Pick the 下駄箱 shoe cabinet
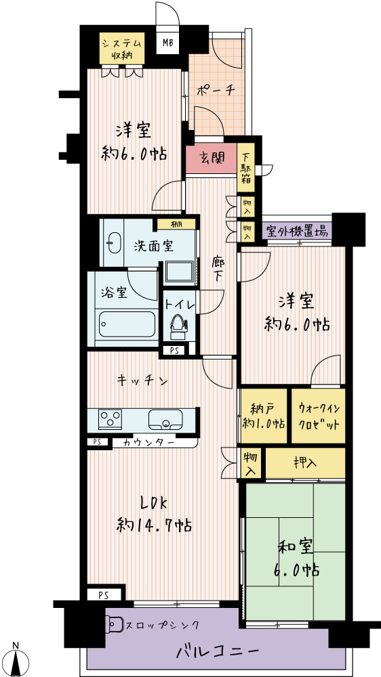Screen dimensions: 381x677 pyautogui.click(x=246, y=168)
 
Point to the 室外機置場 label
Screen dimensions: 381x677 pyautogui.click(x=297, y=231)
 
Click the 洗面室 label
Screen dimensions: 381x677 pyautogui.click(x=153, y=246)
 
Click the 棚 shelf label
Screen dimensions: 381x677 pyautogui.click(x=176, y=224)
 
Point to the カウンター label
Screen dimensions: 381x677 pyautogui.click(x=148, y=443)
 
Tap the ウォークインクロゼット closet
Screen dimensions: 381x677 pyautogui.click(x=319, y=416)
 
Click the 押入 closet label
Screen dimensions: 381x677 pyautogui.click(x=305, y=462)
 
